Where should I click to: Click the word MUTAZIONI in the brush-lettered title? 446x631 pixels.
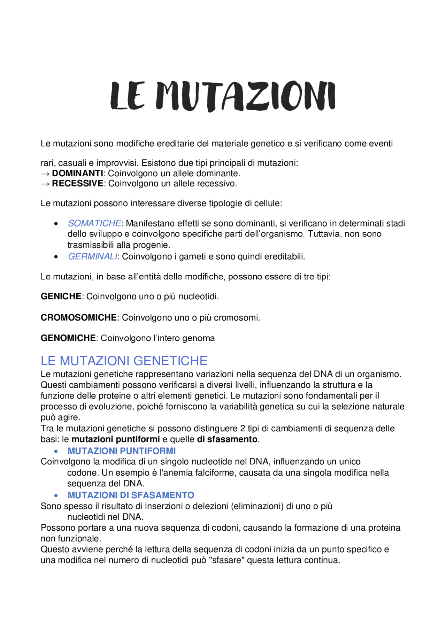click(x=245, y=97)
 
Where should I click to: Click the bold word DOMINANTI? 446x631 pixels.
click(x=77, y=174)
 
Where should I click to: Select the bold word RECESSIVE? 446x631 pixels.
click(x=78, y=184)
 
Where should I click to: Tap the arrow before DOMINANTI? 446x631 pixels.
click(x=45, y=174)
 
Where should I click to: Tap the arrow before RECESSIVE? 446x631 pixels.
click(x=45, y=184)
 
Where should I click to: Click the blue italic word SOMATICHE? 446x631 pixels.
click(x=94, y=223)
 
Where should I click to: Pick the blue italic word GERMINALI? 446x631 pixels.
click(x=93, y=257)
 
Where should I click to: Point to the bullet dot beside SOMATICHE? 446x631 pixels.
click(x=56, y=224)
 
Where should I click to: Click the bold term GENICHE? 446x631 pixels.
click(x=61, y=297)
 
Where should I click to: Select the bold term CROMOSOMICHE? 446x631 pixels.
click(x=78, y=318)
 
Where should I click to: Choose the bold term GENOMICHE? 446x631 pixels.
click(x=68, y=338)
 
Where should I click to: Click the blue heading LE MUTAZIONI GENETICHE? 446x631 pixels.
click(x=124, y=361)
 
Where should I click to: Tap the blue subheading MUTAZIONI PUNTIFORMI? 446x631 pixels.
click(x=122, y=451)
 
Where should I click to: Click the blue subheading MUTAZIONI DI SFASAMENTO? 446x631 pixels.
click(x=131, y=495)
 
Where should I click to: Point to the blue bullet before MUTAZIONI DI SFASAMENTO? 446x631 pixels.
click(x=56, y=496)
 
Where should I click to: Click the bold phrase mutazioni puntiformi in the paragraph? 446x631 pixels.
click(x=116, y=440)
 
